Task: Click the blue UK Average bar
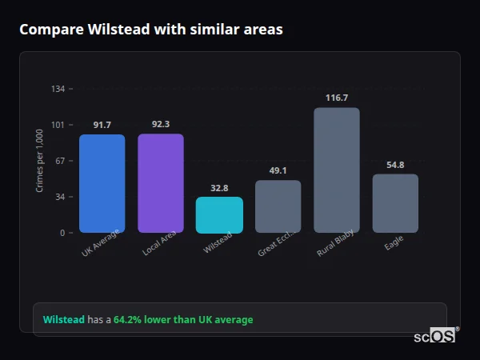tap(102, 183)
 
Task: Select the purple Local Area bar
tap(161, 183)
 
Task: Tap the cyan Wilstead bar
tap(219, 214)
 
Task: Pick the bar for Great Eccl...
tap(278, 206)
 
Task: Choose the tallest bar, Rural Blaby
tap(337, 170)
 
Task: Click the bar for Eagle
tap(395, 203)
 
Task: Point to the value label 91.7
tap(102, 125)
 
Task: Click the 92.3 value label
tap(161, 124)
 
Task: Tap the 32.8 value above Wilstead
tap(219, 188)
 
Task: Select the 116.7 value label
tap(337, 98)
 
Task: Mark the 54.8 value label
tap(395, 165)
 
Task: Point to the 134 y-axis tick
tap(58, 89)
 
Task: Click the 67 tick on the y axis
tap(60, 161)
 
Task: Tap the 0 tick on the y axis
tap(62, 233)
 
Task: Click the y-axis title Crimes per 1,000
tap(40, 161)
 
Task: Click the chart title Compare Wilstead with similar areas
tap(151, 30)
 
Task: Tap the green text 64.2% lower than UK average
tap(183, 320)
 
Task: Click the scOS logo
tap(435, 336)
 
